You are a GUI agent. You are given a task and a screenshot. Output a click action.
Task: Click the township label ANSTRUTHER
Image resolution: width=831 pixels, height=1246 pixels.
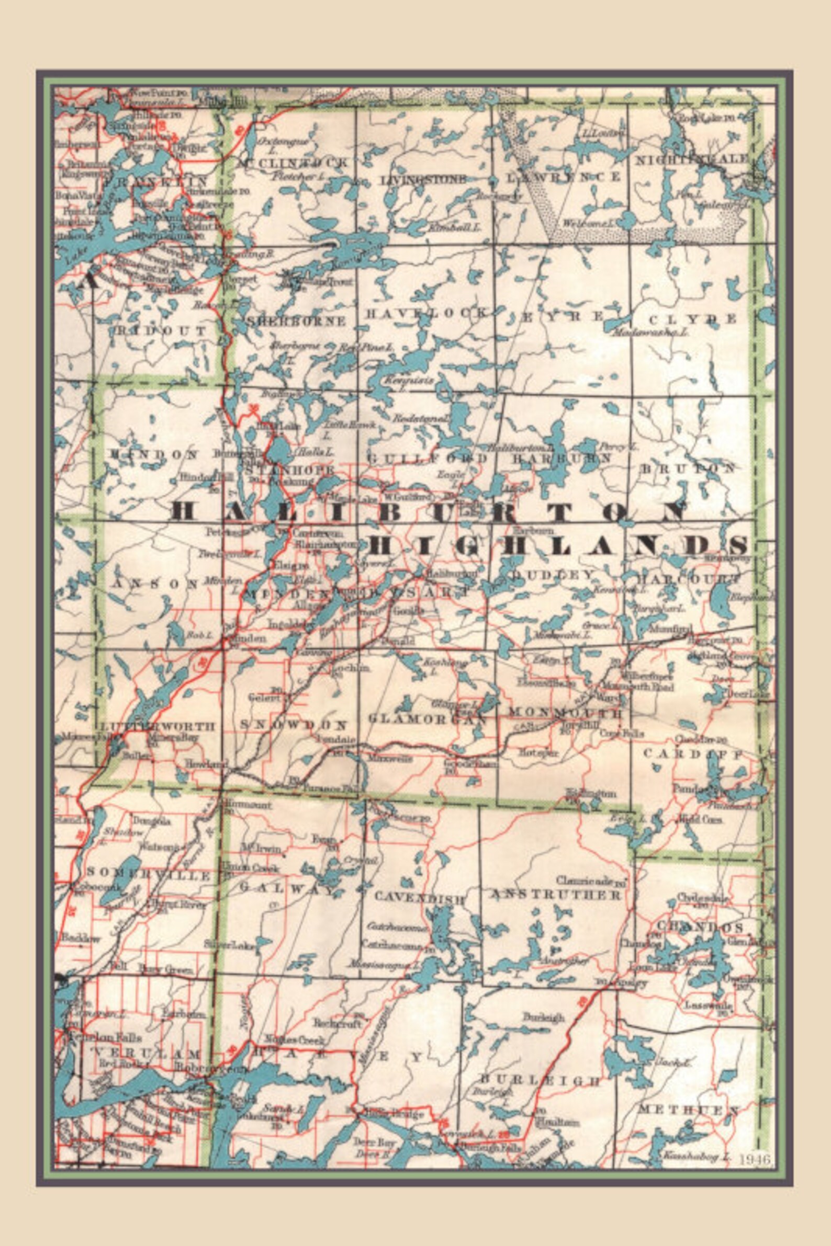[555, 895]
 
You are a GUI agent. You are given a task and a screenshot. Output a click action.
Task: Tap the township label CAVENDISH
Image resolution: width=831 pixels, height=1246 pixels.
[420, 898]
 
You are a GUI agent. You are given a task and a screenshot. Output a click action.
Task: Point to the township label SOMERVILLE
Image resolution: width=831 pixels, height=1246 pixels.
[149, 875]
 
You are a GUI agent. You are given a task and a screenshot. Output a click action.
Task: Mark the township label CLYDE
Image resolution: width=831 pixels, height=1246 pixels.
[693, 319]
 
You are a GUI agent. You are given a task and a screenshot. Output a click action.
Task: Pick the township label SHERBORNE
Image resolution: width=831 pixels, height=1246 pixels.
[296, 321]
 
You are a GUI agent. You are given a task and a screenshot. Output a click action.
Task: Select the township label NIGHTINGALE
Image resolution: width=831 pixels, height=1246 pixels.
[692, 159]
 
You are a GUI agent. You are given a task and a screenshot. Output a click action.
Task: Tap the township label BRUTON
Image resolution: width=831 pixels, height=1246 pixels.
[689, 468]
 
